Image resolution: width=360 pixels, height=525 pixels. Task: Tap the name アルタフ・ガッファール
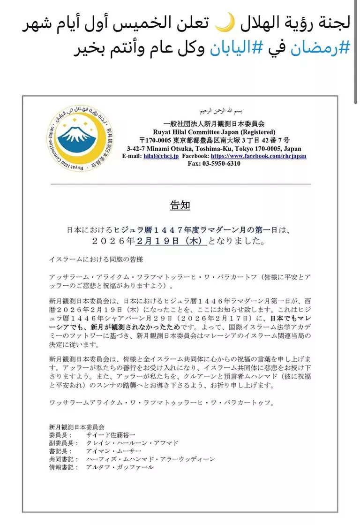120,467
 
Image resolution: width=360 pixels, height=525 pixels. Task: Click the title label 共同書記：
63,459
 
